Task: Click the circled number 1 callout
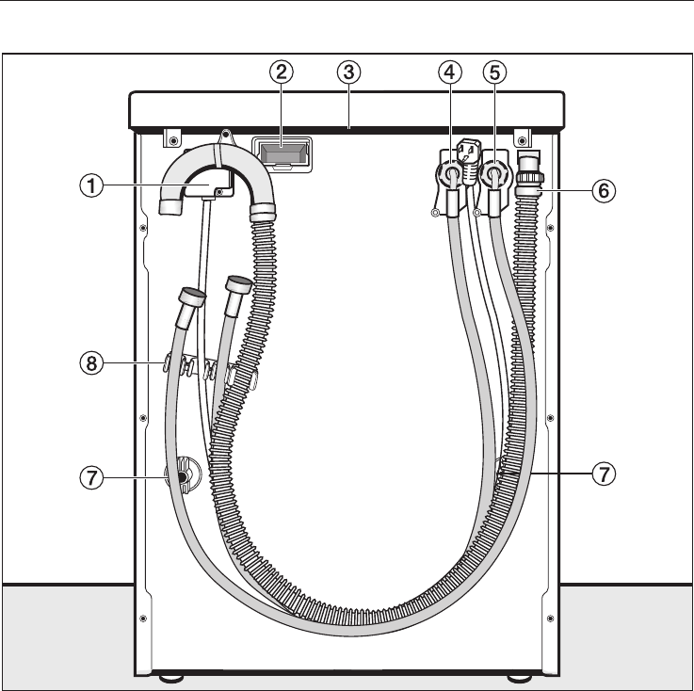point(91,185)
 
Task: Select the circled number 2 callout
point(282,72)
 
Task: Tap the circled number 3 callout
point(348,72)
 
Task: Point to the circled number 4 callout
point(450,72)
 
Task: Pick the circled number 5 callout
point(494,72)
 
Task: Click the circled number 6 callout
point(604,191)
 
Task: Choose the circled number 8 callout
point(91,363)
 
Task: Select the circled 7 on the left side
point(91,478)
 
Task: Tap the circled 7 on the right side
point(604,474)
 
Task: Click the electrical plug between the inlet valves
point(468,162)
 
